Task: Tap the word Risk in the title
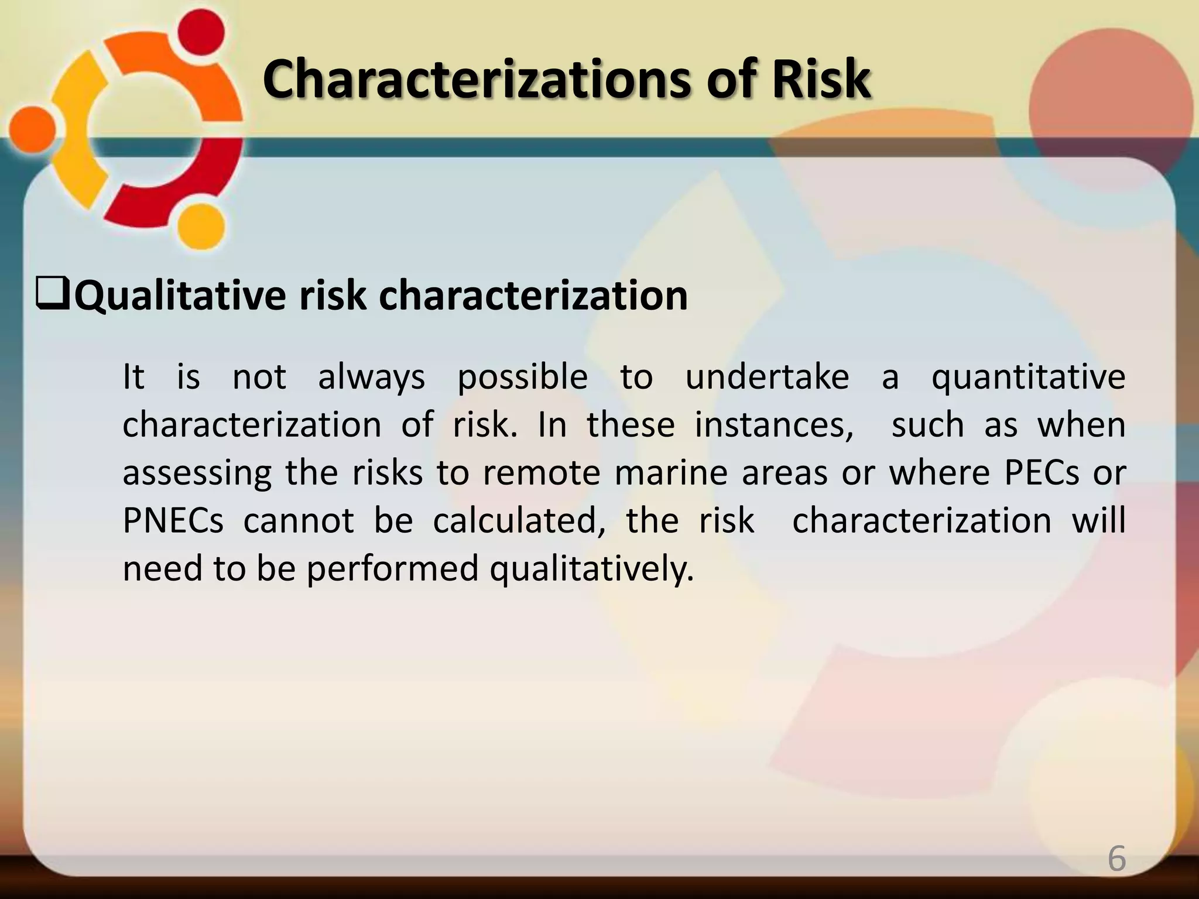(x=820, y=80)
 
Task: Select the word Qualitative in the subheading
(x=180, y=296)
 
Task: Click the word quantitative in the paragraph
(x=1028, y=377)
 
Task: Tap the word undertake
(x=767, y=377)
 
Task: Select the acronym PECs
(x=1042, y=473)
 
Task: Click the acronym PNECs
(x=173, y=521)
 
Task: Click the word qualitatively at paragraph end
(x=591, y=569)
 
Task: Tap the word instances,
(x=774, y=425)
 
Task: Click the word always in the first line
(x=371, y=377)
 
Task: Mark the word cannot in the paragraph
(x=299, y=521)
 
